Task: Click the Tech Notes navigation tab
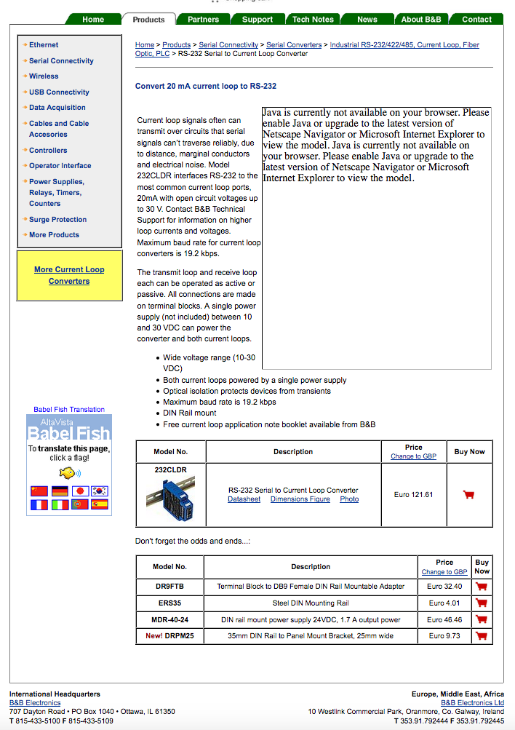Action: pos(313,19)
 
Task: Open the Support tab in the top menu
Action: pos(257,19)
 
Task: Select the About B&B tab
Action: pos(421,19)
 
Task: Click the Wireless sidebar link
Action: pos(44,76)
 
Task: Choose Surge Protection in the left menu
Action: pos(57,219)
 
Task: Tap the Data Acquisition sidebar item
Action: pos(57,107)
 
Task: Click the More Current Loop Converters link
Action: pos(69,275)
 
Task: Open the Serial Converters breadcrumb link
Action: pos(294,45)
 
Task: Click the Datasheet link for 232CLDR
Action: pos(244,499)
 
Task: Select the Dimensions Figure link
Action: pos(300,499)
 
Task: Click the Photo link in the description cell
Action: pos(349,499)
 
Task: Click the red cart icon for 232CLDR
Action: pos(468,495)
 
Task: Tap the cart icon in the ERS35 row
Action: pos(481,603)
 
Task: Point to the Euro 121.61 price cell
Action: pos(413,495)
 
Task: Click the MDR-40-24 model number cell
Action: pos(169,619)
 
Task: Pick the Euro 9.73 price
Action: pos(444,635)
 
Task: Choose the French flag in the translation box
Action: pos(39,504)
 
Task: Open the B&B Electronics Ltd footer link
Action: pos(472,703)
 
